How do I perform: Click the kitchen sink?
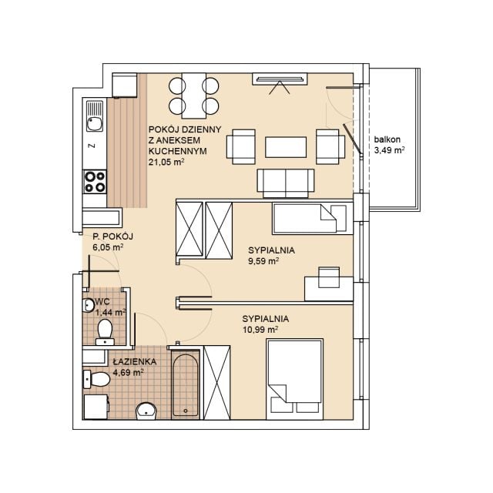pyautogui.click(x=95, y=116)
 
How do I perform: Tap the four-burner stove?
pyautogui.click(x=95, y=182)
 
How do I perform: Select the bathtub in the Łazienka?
pyautogui.click(x=186, y=384)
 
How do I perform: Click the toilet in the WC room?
pyautogui.click(x=105, y=332)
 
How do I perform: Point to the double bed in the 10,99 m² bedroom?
pyautogui.click(x=294, y=379)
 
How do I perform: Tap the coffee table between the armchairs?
pyautogui.click(x=286, y=147)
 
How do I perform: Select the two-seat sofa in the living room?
pyautogui.click(x=286, y=183)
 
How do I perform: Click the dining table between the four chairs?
pyautogui.click(x=194, y=96)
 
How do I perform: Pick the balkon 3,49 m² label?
pyautogui.click(x=389, y=145)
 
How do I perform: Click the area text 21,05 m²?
pyautogui.click(x=166, y=162)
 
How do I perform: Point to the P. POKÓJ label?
pyautogui.click(x=113, y=236)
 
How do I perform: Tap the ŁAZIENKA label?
pyautogui.click(x=135, y=361)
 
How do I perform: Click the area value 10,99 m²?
pyautogui.click(x=260, y=330)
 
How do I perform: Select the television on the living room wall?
pyautogui.click(x=280, y=79)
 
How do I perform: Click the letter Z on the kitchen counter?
pyautogui.click(x=92, y=146)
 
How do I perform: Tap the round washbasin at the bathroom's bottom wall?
pyautogui.click(x=146, y=411)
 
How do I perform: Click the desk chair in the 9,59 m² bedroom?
pyautogui.click(x=329, y=277)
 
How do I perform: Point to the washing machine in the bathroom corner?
pyautogui.click(x=96, y=407)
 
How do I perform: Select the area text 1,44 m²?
pyautogui.click(x=110, y=312)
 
